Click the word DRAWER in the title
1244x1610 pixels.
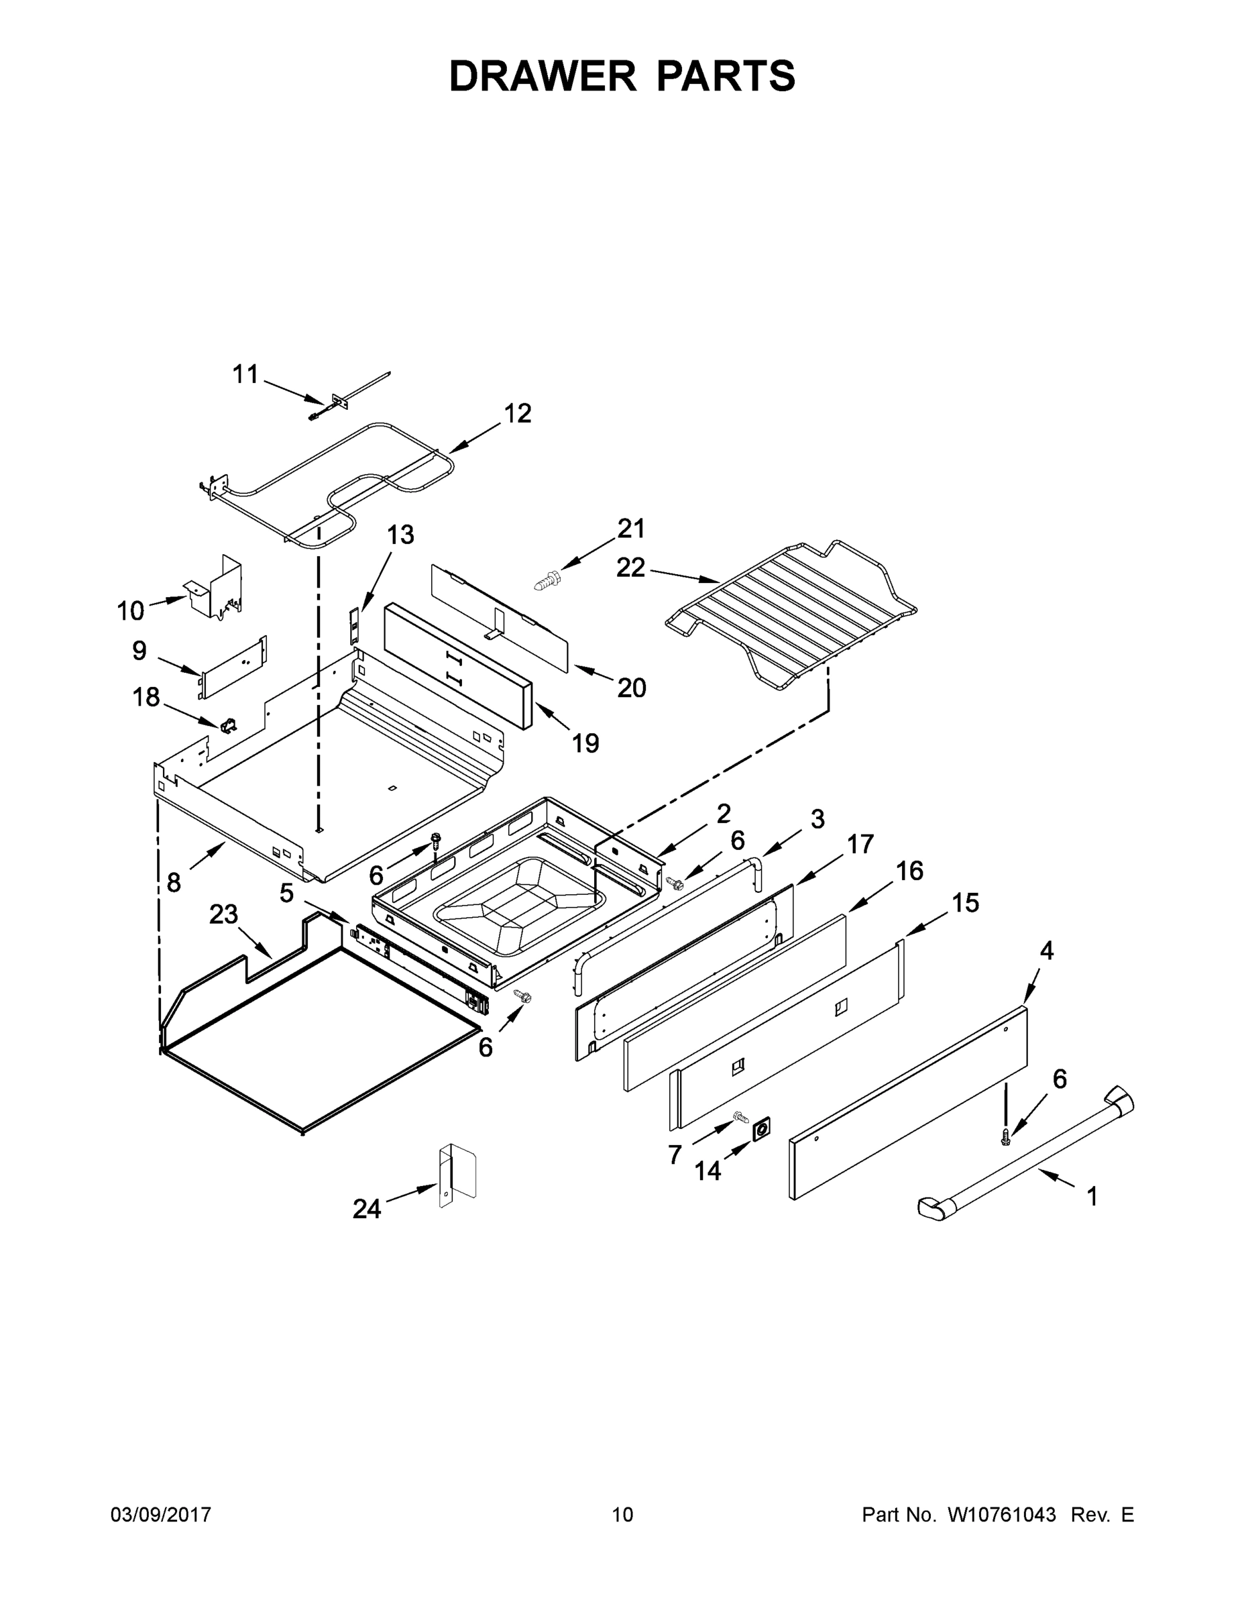542,76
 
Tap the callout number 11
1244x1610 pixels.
245,374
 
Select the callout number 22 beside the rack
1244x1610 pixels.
631,567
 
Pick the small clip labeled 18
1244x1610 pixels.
229,724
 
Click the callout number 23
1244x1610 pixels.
223,914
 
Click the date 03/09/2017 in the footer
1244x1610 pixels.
161,1514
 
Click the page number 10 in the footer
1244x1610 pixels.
622,1514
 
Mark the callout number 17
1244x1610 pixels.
860,843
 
